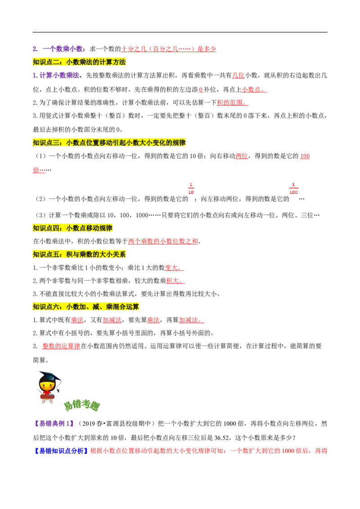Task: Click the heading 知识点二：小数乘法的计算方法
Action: coord(81,62)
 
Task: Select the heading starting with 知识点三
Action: coord(109,143)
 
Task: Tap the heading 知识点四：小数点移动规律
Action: coord(73,228)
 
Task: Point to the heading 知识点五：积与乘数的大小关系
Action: coord(81,254)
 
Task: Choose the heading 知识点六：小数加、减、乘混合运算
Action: coord(86,307)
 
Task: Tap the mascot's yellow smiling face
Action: coord(47,385)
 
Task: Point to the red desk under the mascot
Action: coord(47,397)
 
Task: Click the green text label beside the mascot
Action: coord(82,406)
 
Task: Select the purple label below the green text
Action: coord(54,423)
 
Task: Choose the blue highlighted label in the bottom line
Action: coord(61,451)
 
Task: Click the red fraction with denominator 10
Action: coord(190,188)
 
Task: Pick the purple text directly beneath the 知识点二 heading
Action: coord(57,76)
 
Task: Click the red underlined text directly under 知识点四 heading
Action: coord(162,241)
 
